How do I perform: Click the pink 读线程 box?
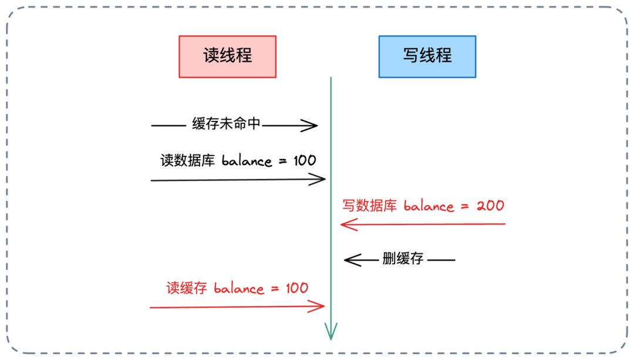pos(227,56)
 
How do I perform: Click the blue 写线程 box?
pos(427,56)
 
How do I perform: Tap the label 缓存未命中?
pos(226,125)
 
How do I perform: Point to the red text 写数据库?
pos(370,206)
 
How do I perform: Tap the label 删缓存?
pos(403,259)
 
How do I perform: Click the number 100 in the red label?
pos(296,288)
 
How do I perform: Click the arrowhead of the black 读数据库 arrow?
pos(320,180)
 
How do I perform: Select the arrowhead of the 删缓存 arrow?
pos(349,260)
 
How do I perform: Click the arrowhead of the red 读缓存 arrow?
pos(320,306)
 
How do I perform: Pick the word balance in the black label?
pos(247,161)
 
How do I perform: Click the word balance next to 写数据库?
pos(429,206)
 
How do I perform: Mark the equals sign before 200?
pos(465,207)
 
